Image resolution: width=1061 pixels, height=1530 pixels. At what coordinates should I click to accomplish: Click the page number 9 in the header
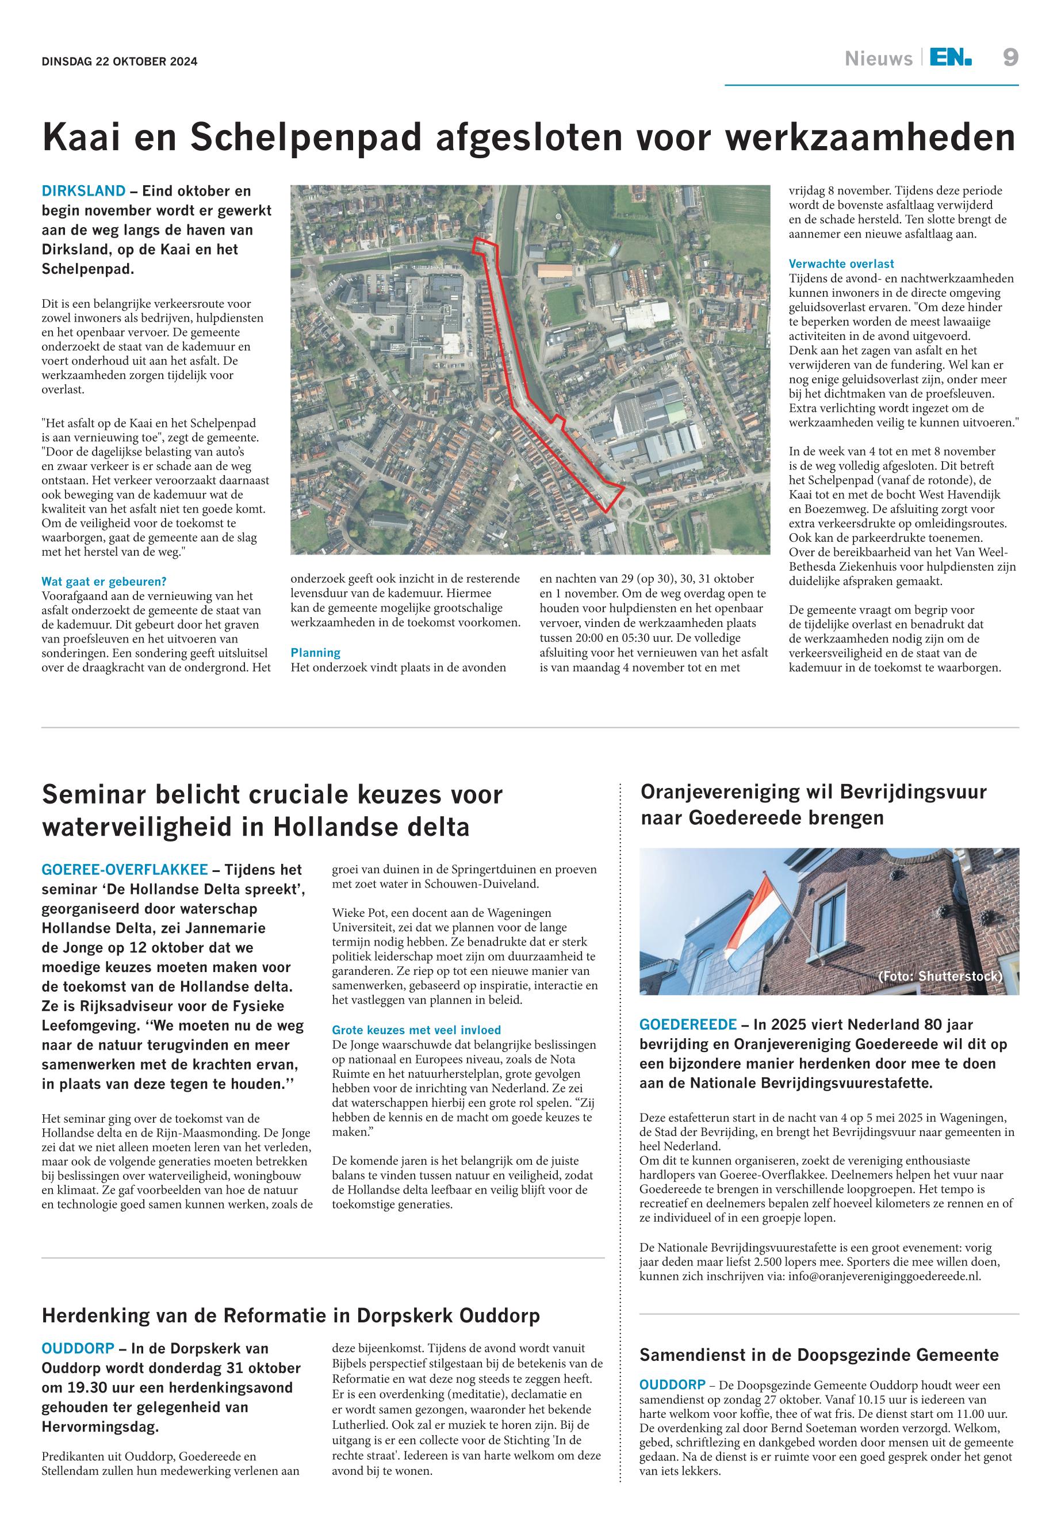(1010, 59)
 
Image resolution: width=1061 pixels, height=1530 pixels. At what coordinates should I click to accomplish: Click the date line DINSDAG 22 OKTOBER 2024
(120, 62)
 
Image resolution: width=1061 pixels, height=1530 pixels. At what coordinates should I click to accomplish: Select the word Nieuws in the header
(878, 59)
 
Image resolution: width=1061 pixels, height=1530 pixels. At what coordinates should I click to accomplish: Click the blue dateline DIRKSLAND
(83, 192)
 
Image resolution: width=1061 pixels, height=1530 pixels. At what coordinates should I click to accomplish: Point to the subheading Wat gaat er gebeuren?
(104, 582)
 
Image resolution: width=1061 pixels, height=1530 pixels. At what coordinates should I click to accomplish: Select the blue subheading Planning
(315, 653)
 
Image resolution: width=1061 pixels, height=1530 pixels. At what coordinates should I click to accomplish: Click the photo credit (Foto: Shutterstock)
(939, 976)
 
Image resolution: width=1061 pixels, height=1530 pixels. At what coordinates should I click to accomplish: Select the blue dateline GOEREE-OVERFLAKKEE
(125, 870)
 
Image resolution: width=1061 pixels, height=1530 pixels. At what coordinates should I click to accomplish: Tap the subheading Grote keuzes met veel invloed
(416, 1030)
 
